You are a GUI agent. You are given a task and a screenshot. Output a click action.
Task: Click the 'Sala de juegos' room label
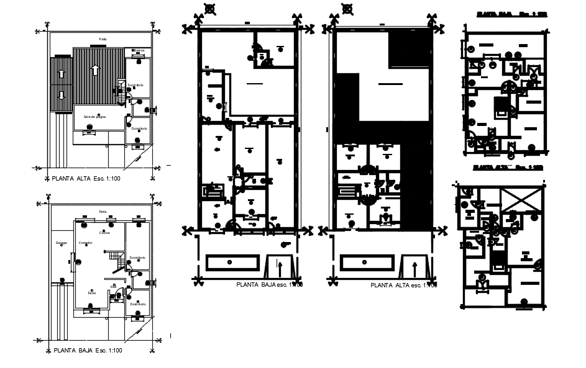coord(90,116)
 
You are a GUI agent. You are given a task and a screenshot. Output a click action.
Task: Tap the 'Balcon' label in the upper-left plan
coord(139,50)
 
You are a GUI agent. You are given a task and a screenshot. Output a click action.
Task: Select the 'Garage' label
coord(61,243)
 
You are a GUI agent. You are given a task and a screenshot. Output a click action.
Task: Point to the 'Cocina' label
coord(104,233)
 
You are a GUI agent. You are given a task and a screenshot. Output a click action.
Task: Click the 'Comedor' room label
coord(86,243)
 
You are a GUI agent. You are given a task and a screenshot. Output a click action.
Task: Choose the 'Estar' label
coord(91,292)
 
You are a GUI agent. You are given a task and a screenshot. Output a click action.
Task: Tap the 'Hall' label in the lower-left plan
coord(113,286)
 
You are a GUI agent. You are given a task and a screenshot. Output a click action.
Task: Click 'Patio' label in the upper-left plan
coord(103,38)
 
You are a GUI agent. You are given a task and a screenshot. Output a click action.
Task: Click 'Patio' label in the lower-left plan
coord(103,212)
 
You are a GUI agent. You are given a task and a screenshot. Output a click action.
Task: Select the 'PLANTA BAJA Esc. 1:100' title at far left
coord(87,351)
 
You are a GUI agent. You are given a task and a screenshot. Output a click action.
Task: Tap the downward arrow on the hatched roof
coord(61,96)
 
